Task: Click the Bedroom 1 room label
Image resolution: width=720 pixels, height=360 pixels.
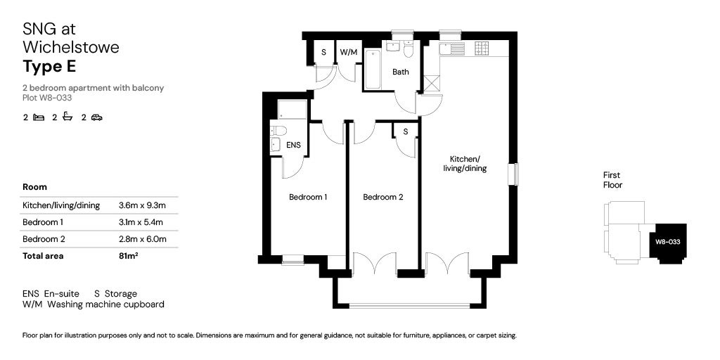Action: click(308, 198)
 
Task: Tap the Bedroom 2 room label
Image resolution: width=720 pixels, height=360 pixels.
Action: click(382, 198)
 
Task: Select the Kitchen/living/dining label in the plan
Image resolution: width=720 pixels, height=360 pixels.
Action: click(465, 164)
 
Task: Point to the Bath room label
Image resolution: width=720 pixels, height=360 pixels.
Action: click(401, 72)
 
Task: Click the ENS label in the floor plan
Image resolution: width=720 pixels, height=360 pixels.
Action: click(294, 146)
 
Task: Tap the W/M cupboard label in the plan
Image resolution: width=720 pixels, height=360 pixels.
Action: click(348, 53)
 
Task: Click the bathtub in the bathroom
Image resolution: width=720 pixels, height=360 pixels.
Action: click(373, 70)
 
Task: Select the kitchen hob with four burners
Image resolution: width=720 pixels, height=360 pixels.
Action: click(482, 48)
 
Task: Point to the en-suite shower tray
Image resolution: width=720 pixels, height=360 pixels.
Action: click(292, 109)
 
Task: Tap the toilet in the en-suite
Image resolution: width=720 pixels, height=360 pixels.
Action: click(278, 130)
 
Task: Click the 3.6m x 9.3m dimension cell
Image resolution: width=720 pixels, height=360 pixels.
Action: click(142, 205)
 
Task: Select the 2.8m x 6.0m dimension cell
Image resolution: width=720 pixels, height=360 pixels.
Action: click(142, 239)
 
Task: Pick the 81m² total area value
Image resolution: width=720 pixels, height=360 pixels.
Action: click(129, 256)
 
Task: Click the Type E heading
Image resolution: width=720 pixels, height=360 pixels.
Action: click(49, 67)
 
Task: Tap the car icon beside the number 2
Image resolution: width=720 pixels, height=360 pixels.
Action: click(96, 117)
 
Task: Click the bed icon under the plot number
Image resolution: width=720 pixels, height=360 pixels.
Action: click(39, 117)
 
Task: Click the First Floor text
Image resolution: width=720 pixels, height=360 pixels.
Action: click(612, 180)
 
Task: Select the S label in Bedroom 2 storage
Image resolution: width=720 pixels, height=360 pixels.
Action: click(406, 131)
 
